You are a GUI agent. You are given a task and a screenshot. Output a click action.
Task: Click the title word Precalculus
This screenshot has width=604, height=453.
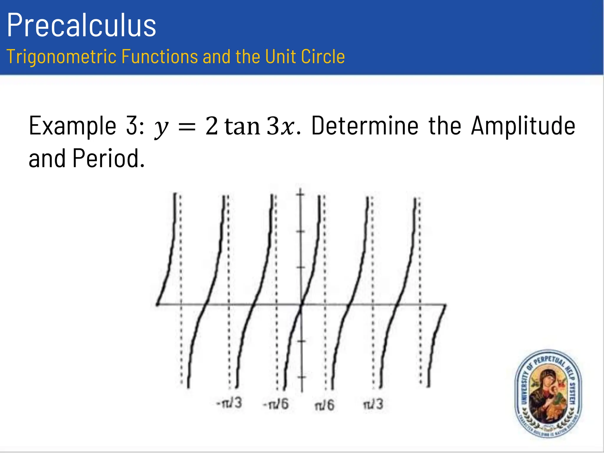tap(81, 25)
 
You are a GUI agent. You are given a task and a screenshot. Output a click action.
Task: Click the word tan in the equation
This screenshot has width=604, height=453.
tap(242, 126)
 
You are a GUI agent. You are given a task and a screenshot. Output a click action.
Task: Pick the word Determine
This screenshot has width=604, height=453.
tap(365, 126)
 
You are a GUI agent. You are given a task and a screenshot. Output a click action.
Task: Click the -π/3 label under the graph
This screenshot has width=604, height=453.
tap(229, 403)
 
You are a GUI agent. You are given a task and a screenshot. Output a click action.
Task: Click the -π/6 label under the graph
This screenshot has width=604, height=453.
tap(276, 404)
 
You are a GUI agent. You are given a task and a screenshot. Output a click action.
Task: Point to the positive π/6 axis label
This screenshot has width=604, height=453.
tap(324, 405)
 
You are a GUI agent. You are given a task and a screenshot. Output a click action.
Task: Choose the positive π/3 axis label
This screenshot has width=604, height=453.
tap(373, 404)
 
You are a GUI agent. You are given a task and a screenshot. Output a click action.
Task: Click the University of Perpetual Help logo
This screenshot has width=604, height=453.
tap(548, 394)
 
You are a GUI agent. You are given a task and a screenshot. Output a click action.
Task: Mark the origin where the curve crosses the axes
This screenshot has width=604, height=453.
tap(301, 304)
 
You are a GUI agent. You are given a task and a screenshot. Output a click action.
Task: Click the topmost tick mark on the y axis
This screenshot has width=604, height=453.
tap(301, 194)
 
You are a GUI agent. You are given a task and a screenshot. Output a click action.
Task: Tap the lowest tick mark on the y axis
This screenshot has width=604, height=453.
tap(301, 377)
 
